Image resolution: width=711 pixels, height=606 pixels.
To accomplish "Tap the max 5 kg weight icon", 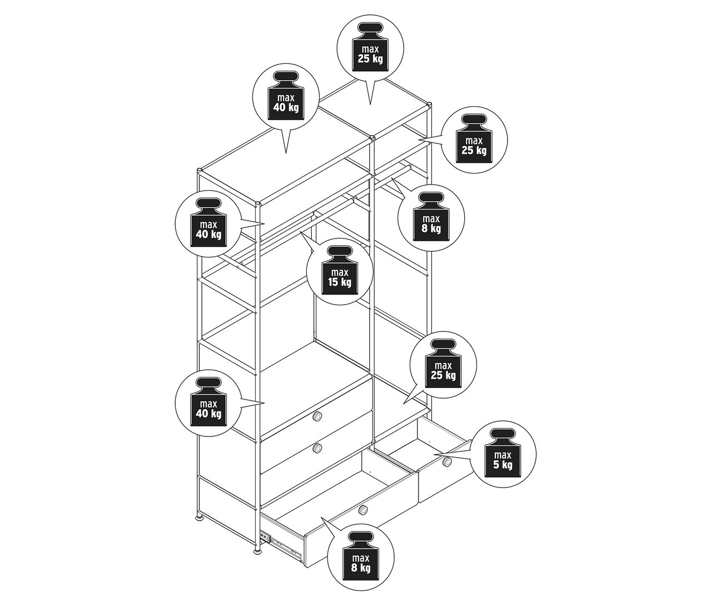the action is click(x=503, y=453).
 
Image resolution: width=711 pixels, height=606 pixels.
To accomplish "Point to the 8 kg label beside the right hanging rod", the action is click(x=431, y=217).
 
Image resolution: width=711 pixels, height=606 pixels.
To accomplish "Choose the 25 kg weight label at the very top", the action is click(x=370, y=47).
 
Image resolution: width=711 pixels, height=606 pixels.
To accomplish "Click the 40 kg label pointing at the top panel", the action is click(x=286, y=96).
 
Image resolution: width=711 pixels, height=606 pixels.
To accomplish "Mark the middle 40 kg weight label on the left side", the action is click(x=208, y=223).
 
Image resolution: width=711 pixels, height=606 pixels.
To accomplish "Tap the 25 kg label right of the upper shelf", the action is click(x=474, y=139).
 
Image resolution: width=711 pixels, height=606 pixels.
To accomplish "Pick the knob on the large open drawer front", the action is click(x=362, y=510).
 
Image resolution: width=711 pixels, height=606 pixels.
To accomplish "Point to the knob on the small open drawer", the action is click(x=447, y=462).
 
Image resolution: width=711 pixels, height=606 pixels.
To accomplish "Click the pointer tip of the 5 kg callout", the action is click(x=434, y=455).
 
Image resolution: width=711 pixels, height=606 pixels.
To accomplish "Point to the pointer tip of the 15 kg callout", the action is click(x=300, y=232).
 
